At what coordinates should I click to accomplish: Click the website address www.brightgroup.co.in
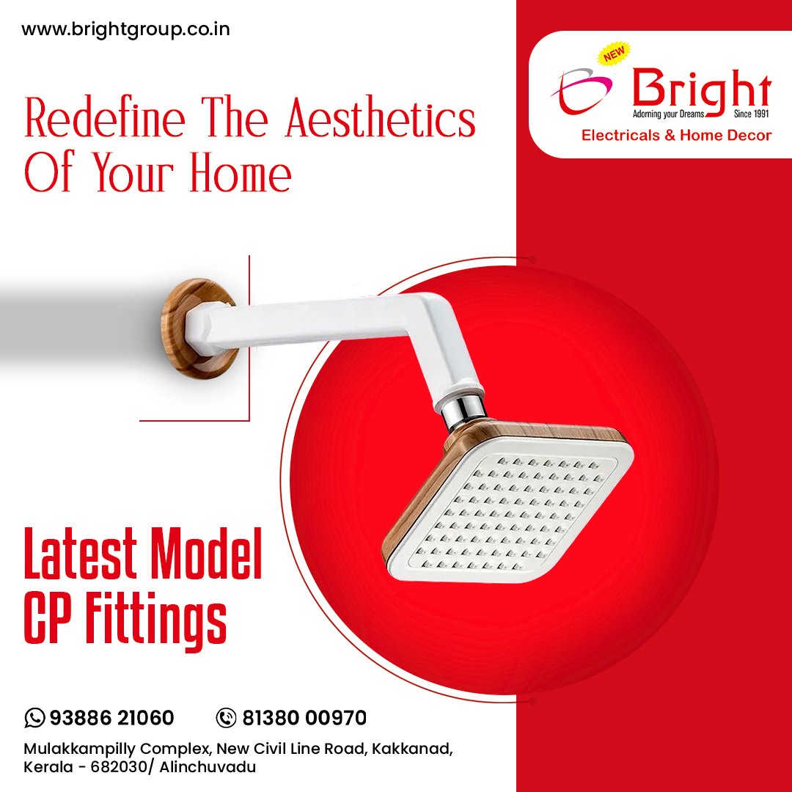point(126,30)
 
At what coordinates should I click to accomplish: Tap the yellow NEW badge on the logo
point(614,53)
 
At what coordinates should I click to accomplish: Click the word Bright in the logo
point(702,90)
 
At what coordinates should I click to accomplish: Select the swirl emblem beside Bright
point(582,90)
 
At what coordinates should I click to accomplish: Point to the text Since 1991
point(752,114)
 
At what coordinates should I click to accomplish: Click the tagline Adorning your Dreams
point(668,114)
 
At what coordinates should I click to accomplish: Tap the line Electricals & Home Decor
point(676,136)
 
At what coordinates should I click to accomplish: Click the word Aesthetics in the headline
point(381,118)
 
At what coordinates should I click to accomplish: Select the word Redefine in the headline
point(105,117)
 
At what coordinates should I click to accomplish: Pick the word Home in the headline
point(241,174)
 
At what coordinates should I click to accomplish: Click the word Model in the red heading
point(207,554)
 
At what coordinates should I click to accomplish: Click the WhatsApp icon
point(34,718)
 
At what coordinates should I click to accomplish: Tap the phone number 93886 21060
point(111,718)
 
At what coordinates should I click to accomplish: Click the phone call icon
point(226,718)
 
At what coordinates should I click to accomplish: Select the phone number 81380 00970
point(304,718)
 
